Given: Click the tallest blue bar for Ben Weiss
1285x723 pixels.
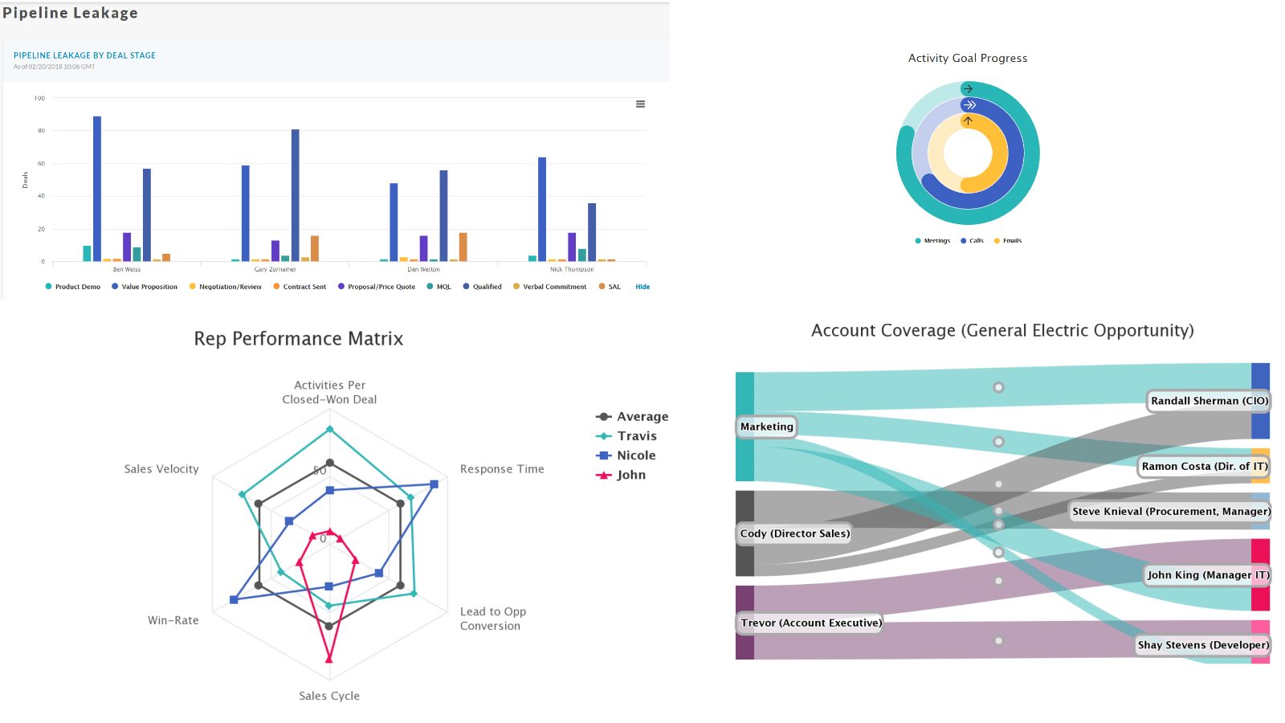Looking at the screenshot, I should coord(97,189).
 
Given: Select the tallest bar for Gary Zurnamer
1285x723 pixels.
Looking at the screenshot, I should coord(296,195).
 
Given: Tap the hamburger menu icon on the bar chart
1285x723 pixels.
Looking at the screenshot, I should coord(640,104).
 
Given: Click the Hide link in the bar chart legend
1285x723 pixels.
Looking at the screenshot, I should coord(642,287).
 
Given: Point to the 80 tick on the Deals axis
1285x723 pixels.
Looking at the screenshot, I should coord(41,131).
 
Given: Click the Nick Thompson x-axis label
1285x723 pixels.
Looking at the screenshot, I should coord(572,270).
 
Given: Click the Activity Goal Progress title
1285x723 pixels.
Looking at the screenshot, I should coord(967,59).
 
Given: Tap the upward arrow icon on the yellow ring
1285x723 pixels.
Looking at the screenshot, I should coord(968,120).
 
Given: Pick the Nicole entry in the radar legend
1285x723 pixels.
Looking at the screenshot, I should coord(635,455).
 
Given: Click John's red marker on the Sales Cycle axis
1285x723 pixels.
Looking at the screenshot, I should coord(328,659).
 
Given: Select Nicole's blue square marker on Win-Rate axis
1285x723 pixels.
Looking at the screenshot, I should coord(234,599).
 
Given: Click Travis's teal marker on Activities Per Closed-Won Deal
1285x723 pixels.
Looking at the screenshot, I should coord(329,430).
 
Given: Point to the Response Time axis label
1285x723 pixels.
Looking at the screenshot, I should coord(502,469).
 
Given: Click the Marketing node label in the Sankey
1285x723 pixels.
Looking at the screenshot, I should coord(766,427).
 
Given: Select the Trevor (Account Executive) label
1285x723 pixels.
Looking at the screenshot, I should coord(810,623).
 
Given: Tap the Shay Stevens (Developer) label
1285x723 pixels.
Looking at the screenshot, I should coord(1202,645).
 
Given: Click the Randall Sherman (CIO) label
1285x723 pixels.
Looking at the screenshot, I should coord(1209,401).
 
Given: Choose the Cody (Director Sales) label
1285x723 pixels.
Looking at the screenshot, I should coord(794,533).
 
